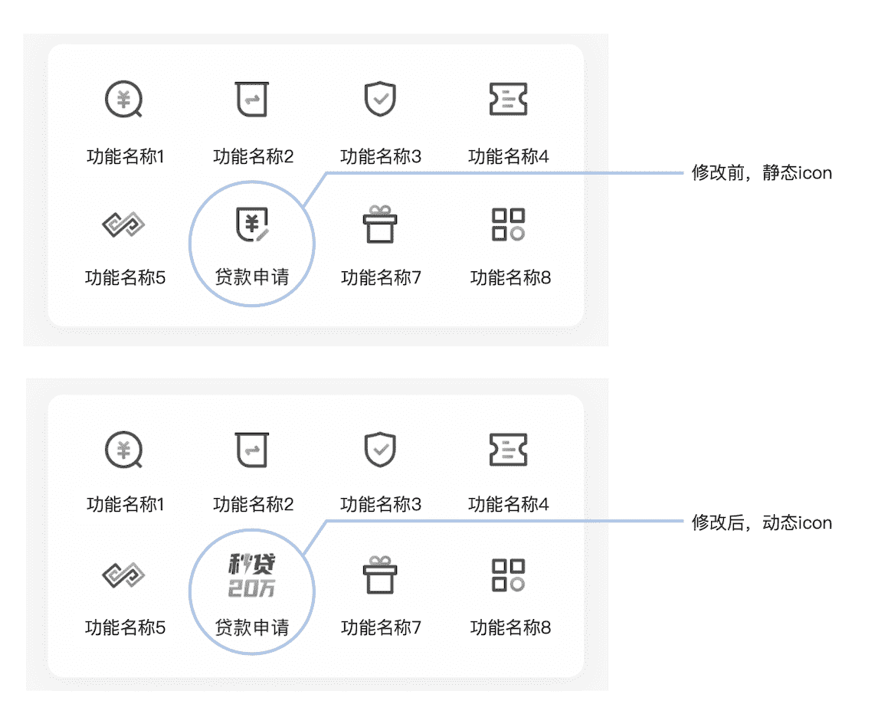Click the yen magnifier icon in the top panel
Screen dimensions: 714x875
[x=124, y=100]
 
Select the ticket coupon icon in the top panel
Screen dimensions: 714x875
[x=509, y=100]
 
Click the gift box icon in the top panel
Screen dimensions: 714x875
[x=380, y=224]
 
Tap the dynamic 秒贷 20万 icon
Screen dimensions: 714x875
[x=252, y=576]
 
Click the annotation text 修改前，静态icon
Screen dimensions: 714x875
[x=761, y=173]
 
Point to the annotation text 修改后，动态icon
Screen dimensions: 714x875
[x=761, y=523]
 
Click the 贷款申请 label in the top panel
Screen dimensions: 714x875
[x=252, y=277]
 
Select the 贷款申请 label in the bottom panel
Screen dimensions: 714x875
[x=252, y=627]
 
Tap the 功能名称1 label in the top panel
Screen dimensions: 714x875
[x=126, y=157]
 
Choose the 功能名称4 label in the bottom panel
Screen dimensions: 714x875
[x=509, y=504]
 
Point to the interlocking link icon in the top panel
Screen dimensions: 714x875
[x=124, y=225]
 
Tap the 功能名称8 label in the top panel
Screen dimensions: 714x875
[x=510, y=277]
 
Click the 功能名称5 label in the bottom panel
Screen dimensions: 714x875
[x=126, y=627]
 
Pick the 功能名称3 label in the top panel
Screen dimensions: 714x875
[x=381, y=157]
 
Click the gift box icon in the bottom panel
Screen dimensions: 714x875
[x=380, y=575]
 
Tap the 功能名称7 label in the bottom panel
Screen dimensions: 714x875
[x=381, y=627]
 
